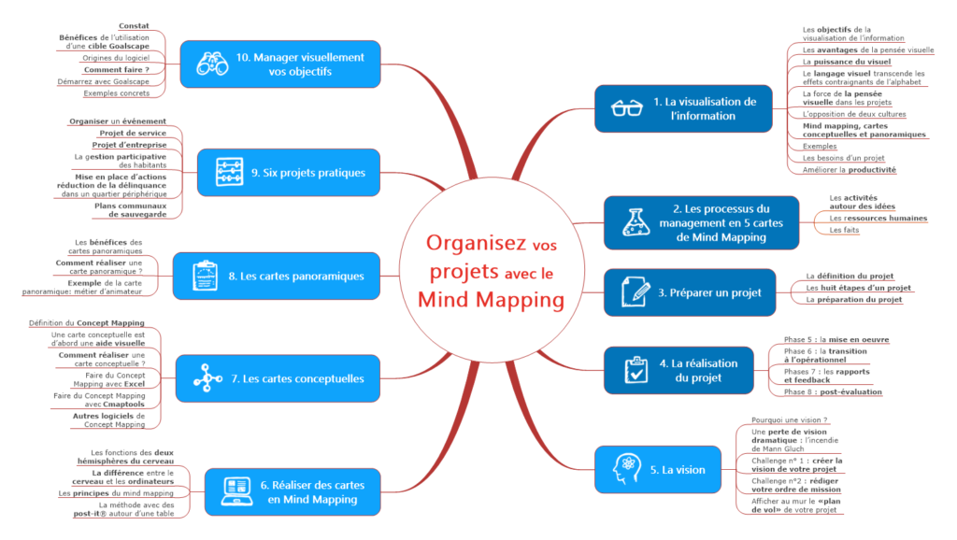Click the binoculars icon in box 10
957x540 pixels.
[x=212, y=64]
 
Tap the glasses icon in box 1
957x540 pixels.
[x=626, y=108]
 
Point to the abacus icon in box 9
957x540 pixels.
[x=228, y=172]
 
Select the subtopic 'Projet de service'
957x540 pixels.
[x=133, y=134]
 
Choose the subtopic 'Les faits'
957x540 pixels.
[x=844, y=230]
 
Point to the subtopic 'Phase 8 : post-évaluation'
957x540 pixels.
[x=832, y=391]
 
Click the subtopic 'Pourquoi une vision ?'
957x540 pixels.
[x=790, y=420]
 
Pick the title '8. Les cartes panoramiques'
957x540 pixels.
[x=296, y=276]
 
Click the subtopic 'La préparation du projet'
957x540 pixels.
[x=854, y=300]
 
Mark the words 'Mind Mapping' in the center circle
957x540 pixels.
[x=491, y=300]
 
